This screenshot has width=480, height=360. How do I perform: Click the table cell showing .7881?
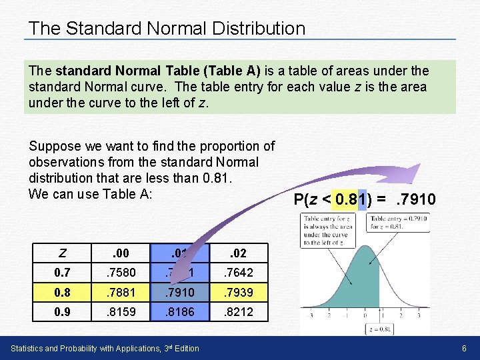coord(120,292)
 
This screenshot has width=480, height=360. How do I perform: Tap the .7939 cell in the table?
coord(239,292)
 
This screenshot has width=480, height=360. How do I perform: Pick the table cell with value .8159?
coord(120,311)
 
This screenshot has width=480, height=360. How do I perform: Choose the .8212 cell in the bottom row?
coord(239,311)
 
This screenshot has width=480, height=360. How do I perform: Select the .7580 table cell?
coord(120,273)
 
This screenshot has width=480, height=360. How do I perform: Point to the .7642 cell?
coord(239,273)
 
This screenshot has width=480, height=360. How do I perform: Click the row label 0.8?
coord(62,292)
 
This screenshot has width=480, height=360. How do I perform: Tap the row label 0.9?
coord(62,311)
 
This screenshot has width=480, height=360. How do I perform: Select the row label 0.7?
coord(62,273)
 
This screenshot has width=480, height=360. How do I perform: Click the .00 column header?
coord(120,253)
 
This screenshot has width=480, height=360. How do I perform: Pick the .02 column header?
coord(239,253)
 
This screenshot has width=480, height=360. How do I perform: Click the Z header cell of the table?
coord(62,253)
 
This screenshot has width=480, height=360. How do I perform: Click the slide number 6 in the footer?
coord(463,349)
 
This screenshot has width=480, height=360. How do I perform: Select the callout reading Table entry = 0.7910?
coord(398,222)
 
